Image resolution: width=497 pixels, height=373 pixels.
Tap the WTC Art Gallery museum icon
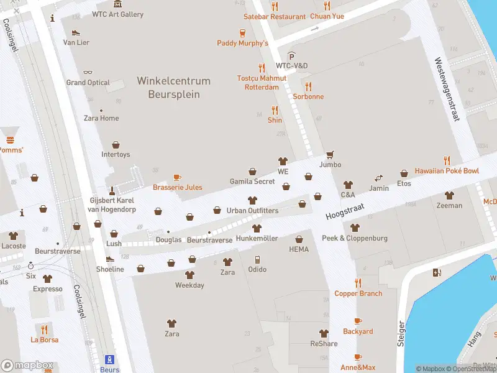[x=118, y=4]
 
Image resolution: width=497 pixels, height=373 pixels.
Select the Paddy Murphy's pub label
[x=242, y=43]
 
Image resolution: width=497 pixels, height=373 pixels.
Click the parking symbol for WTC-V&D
[x=291, y=56]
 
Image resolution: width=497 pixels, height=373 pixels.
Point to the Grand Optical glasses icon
[x=88, y=72]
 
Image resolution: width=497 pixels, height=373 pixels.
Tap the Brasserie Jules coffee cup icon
[x=177, y=177]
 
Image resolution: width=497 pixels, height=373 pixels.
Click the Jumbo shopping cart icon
[x=330, y=154]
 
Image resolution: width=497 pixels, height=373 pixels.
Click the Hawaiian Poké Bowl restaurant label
[x=447, y=171]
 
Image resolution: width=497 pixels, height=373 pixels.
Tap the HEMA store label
[x=299, y=249]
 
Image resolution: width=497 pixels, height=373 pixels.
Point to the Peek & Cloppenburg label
[x=354, y=238]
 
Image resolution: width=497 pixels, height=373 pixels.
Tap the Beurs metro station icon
[x=110, y=359]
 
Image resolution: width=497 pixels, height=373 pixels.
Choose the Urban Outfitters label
[x=252, y=211]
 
